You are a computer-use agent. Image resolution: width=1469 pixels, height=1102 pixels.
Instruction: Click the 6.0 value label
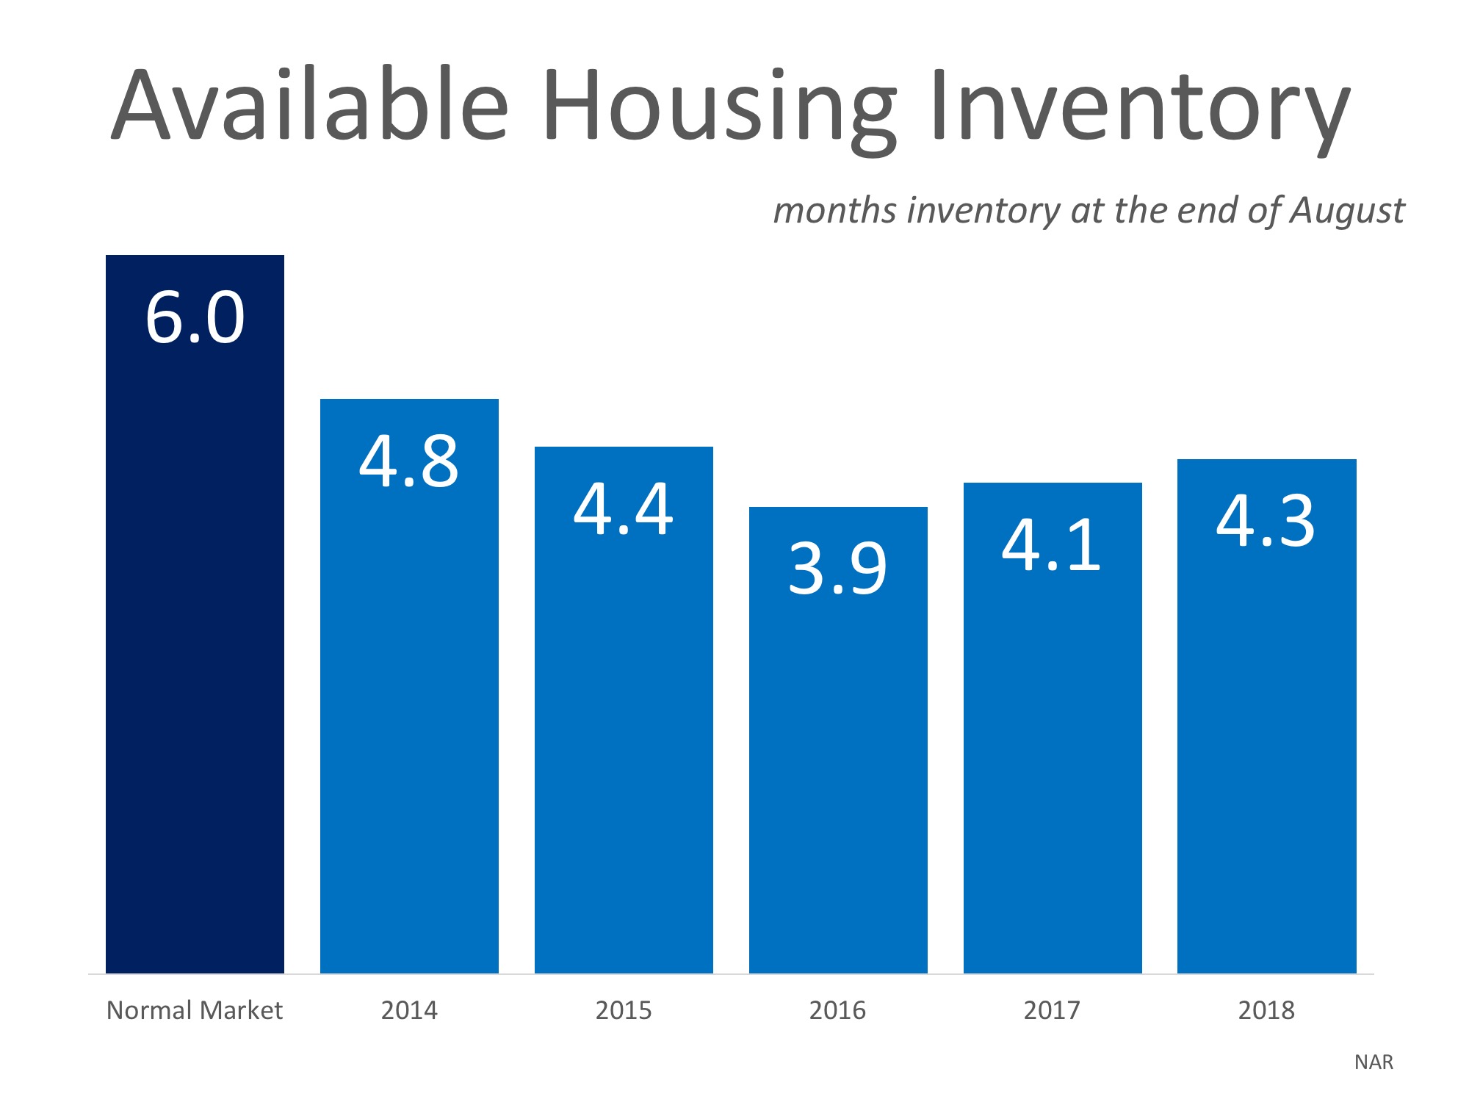pyautogui.click(x=195, y=318)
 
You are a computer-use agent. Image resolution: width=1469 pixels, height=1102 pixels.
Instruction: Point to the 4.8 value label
pyautogui.click(x=409, y=462)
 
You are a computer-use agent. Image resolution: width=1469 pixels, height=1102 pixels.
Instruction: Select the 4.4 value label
pyautogui.click(x=623, y=509)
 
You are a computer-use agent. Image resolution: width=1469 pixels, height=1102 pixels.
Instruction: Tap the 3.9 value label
pyautogui.click(x=837, y=569)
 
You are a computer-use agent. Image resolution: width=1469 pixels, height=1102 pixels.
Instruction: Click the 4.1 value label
pyautogui.click(x=1051, y=545)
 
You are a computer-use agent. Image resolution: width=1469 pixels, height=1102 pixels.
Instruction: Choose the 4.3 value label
pyautogui.click(x=1266, y=522)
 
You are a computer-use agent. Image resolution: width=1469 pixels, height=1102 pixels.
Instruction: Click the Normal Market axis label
pyautogui.click(x=195, y=1011)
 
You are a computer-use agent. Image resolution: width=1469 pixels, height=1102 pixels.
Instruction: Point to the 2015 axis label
pyautogui.click(x=623, y=1011)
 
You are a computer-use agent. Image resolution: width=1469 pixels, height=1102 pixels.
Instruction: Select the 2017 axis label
pyautogui.click(x=1052, y=1011)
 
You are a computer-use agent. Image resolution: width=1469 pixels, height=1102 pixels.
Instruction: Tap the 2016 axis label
pyautogui.click(x=837, y=1011)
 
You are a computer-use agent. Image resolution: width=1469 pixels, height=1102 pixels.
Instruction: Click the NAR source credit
pyautogui.click(x=1374, y=1062)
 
